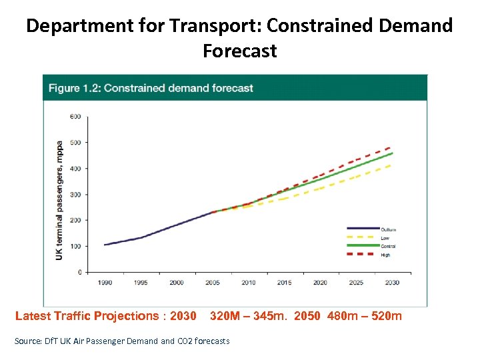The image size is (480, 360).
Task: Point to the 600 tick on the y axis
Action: click(x=75, y=117)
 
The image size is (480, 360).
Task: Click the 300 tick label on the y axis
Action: click(x=75, y=195)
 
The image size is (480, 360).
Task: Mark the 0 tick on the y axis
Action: click(x=79, y=273)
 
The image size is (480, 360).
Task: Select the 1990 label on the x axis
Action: click(x=105, y=283)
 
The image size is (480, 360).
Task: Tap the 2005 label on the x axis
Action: click(x=212, y=283)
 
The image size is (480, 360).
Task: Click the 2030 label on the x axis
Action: click(x=391, y=283)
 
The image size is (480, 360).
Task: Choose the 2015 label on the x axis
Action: click(x=284, y=283)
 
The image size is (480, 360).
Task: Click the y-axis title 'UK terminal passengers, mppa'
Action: click(x=59, y=200)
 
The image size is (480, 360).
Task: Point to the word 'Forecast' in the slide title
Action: click(x=239, y=51)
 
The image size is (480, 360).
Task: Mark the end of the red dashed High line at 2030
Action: click(x=391, y=147)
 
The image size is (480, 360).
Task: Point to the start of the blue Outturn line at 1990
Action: click(x=105, y=245)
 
